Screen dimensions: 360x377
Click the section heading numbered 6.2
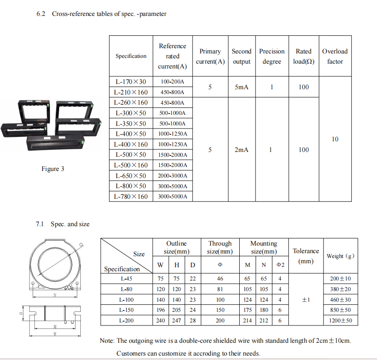pos(101,14)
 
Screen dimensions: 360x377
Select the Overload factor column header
pos(335,57)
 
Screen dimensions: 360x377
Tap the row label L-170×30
pos(131,82)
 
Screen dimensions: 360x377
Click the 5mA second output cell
pos(241,87)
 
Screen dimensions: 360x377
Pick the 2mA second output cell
pos(241,150)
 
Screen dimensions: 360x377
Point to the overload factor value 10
pos(335,139)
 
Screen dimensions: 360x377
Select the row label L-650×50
pos(131,176)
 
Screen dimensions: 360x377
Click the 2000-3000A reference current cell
pos(173,176)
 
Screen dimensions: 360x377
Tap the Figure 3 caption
pos(53,169)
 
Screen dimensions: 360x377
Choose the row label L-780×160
pos(131,197)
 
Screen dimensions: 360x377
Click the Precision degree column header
pos(271,57)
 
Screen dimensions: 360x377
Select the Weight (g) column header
pos(340,256)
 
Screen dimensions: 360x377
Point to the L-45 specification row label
pos(127,279)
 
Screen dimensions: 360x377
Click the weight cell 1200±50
pos(341,321)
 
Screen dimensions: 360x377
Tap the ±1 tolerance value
pos(305,300)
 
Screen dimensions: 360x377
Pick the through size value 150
pos(220,310)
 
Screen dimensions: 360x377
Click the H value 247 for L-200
pos(177,321)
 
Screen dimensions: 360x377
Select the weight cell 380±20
pos(341,289)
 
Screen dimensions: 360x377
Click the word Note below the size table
pos(107,341)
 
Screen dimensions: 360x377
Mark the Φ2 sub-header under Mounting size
pos(280,265)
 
